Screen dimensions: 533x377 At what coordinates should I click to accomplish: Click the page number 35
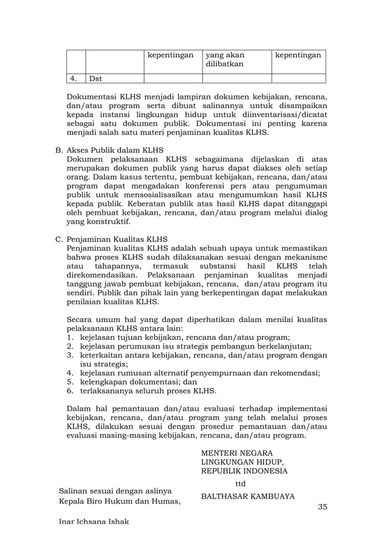(x=322, y=507)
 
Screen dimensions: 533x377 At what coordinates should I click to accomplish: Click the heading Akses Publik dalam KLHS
(x=115, y=150)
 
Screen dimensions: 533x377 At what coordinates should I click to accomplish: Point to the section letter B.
(x=58, y=150)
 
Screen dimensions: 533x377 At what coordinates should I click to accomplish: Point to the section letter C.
(x=58, y=240)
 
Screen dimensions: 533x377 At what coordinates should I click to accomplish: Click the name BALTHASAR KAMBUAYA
(x=248, y=496)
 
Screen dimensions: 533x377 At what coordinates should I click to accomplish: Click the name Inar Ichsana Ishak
(x=94, y=523)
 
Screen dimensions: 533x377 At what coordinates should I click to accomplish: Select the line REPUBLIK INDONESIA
(x=245, y=471)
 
